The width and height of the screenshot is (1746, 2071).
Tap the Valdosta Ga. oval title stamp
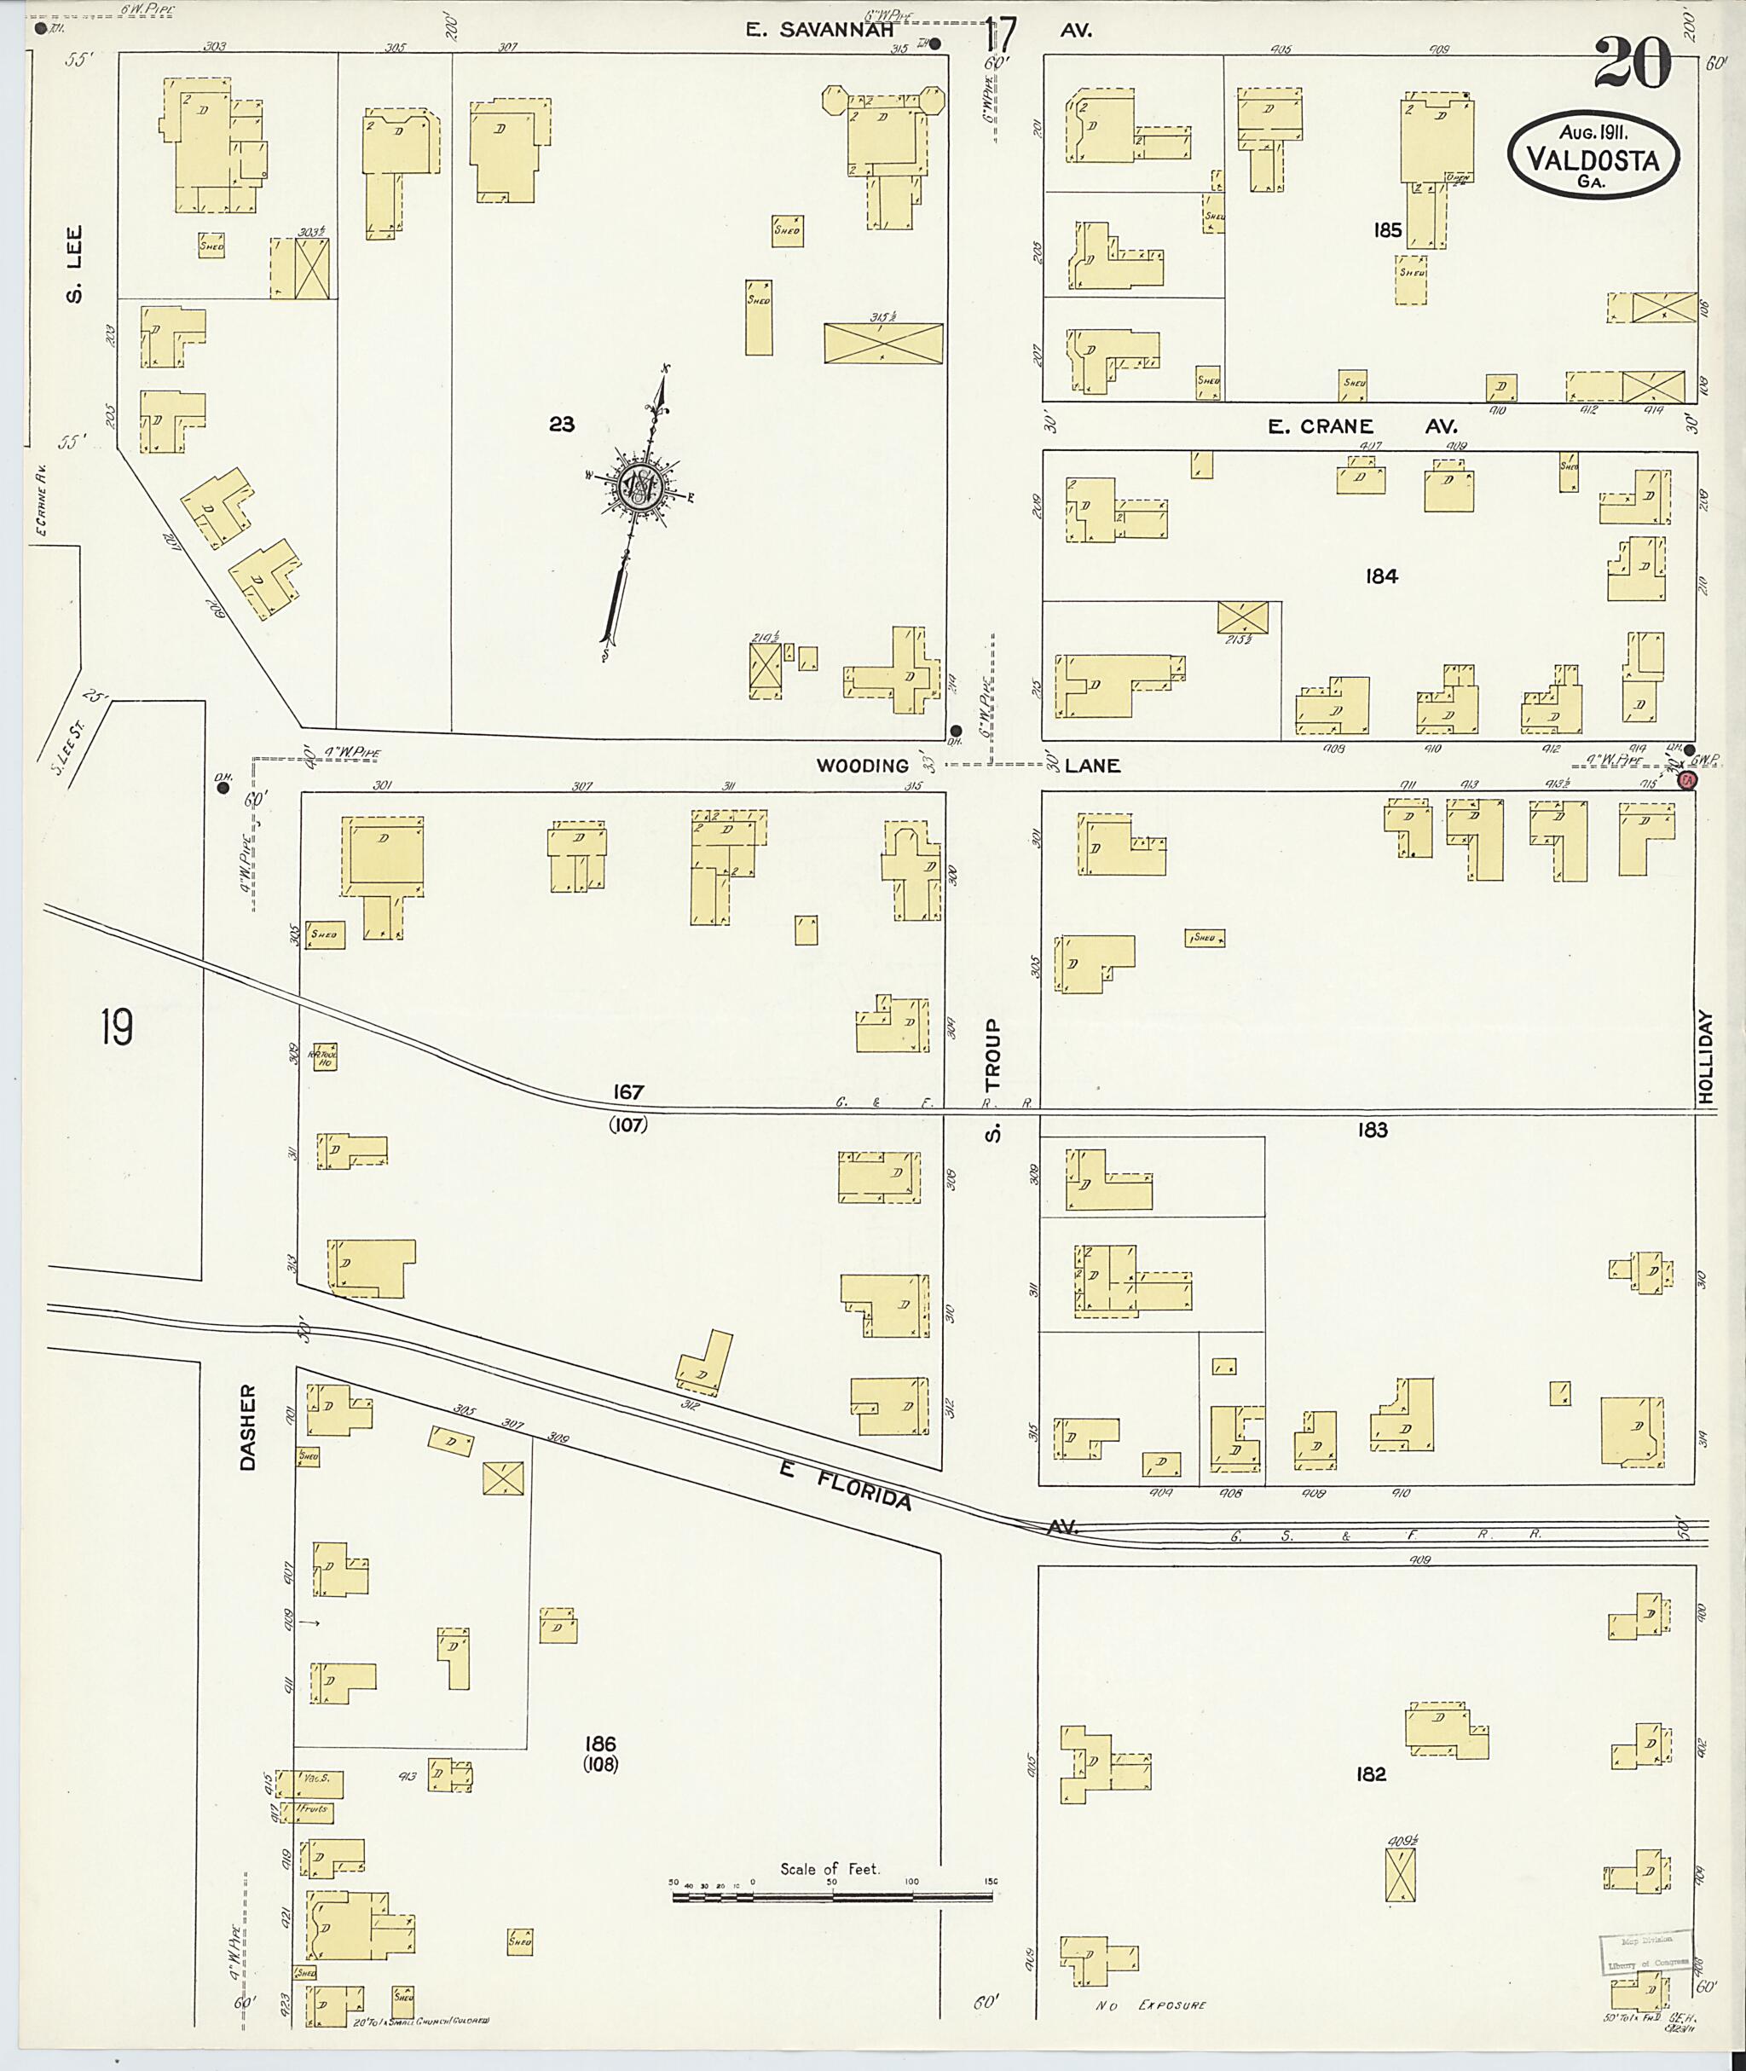coord(1593,154)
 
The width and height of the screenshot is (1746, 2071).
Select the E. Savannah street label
coord(819,31)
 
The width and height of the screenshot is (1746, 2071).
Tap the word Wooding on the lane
coord(862,766)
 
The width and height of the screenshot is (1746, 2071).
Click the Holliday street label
coord(1704,1057)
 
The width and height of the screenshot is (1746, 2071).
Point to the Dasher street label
coord(246,1426)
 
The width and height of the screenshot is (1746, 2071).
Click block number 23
coord(561,424)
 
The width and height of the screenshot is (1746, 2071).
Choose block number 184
coord(1381,576)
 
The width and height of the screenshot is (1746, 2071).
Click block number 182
coord(1371,1774)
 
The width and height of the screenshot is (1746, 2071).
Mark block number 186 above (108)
coord(600,1744)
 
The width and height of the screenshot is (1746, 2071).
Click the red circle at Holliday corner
coord(1688,780)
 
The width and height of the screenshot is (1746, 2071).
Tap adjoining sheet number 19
coord(116,1027)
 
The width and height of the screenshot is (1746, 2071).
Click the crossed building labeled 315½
coord(883,343)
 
